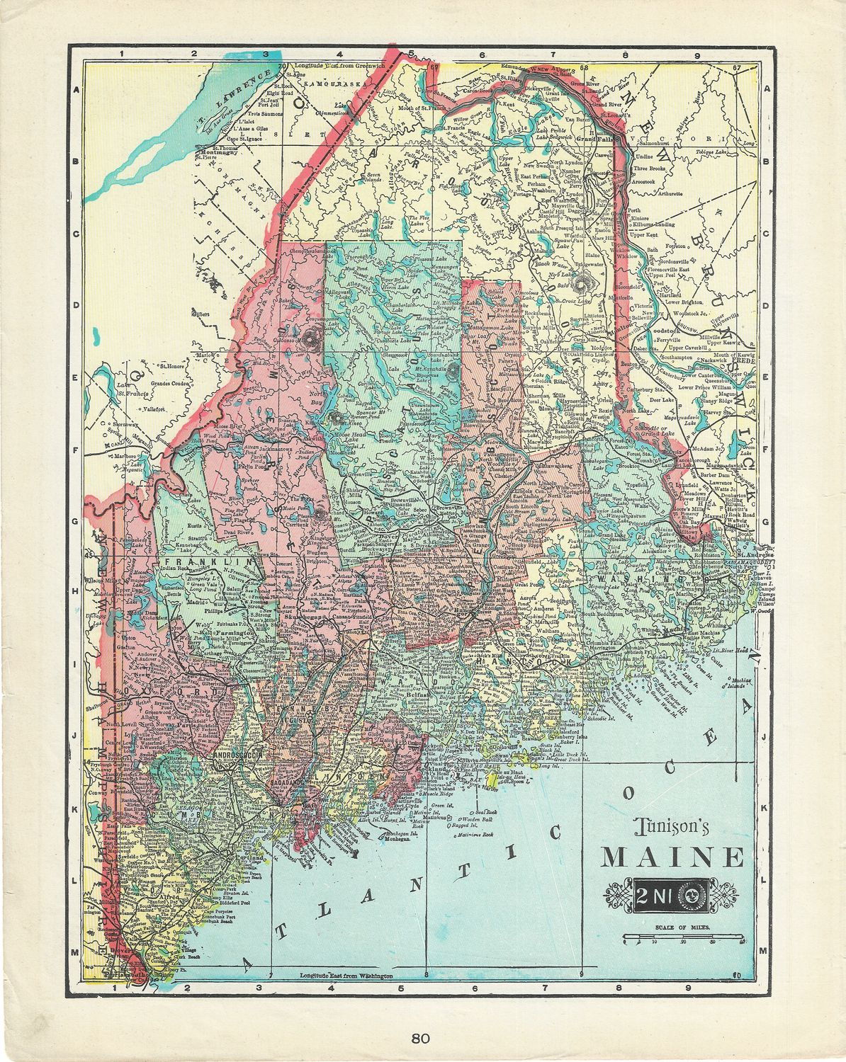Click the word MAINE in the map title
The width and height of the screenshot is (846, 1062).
pos(672,857)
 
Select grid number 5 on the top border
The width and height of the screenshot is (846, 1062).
pos(410,53)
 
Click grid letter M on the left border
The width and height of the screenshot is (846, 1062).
pos(75,953)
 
